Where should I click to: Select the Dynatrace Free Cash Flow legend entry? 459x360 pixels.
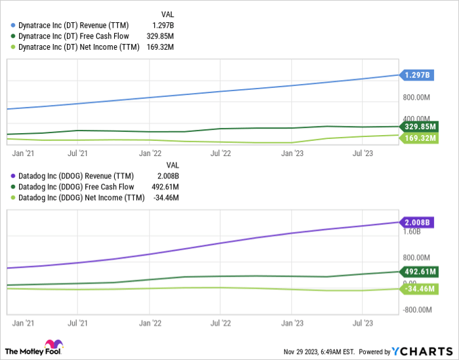[x=73, y=36]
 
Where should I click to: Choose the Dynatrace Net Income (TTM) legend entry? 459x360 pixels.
[x=78, y=47]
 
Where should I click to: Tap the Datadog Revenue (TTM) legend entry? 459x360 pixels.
[x=75, y=176]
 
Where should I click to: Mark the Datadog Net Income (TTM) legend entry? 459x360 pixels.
[x=79, y=197]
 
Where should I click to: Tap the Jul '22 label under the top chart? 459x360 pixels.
[x=220, y=154]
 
